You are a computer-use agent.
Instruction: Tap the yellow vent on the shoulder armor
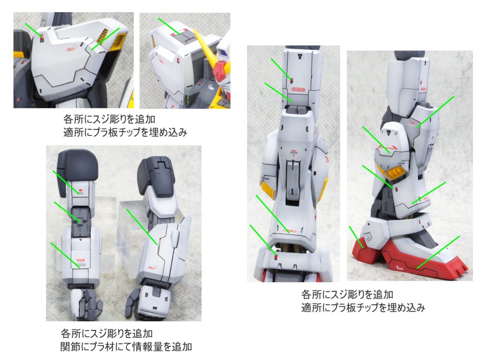pyautogui.click(x=102, y=35)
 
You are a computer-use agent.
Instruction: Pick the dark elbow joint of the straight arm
pyautogui.click(x=80, y=217)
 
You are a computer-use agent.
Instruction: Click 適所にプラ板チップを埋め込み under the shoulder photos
pyautogui.click(x=125, y=132)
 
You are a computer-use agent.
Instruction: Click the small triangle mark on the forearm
pyautogui.click(x=81, y=239)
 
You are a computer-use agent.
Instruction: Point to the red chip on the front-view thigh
pyautogui.click(x=292, y=79)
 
